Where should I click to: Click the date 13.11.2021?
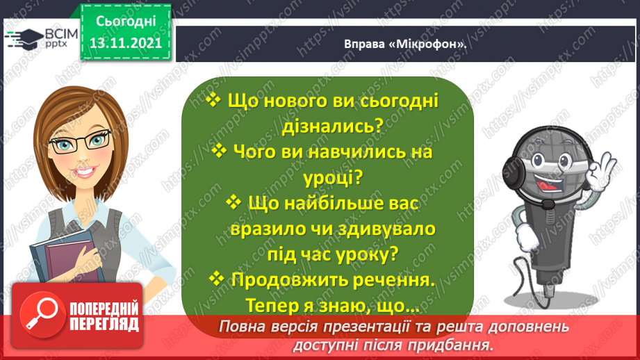click(x=126, y=43)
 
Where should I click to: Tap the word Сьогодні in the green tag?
click(x=126, y=22)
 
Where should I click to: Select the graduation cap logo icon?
click(x=24, y=39)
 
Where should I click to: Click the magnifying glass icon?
click(x=42, y=314)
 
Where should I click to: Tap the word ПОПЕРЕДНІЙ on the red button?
click(x=104, y=309)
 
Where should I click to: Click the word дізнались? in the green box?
click(x=332, y=126)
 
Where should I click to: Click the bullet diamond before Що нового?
click(x=213, y=99)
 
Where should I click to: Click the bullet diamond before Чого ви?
click(x=219, y=151)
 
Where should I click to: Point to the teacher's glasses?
click(x=80, y=141)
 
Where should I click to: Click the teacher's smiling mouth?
click(x=85, y=172)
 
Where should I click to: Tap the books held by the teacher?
click(x=65, y=257)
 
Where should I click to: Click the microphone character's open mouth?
click(x=550, y=184)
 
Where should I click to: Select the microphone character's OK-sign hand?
click(x=599, y=172)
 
